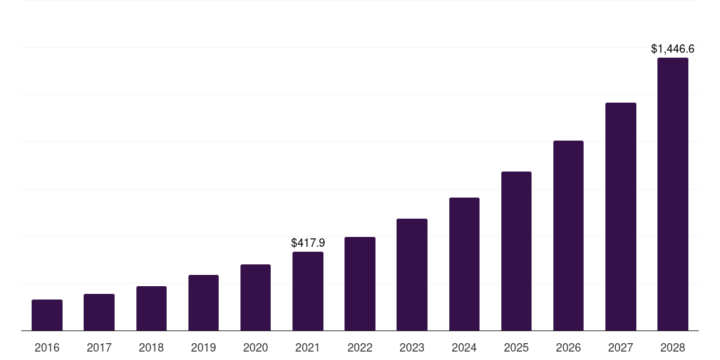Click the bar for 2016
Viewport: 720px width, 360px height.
coord(47,315)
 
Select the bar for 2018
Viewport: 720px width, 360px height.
coord(151,309)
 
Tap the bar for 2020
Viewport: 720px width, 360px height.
coord(255,297)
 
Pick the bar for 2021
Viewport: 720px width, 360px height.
coord(308,291)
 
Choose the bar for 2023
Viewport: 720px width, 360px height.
coord(412,275)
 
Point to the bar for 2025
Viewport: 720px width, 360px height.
coord(516,251)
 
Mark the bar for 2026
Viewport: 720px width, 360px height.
coord(568,236)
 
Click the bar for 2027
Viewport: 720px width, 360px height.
coord(621,217)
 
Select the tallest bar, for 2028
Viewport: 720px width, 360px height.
coord(673,194)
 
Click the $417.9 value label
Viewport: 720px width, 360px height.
coord(308,243)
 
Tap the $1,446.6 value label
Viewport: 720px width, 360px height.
coord(673,49)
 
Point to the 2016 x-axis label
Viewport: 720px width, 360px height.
coord(47,347)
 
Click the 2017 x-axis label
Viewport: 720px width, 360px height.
coord(99,347)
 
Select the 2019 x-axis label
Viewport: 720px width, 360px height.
coord(203,347)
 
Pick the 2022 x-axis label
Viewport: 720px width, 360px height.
coord(360,347)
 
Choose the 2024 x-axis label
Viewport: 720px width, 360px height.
coord(464,347)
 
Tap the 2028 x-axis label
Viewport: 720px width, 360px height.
coord(673,347)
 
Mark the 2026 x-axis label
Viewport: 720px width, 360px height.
coord(568,347)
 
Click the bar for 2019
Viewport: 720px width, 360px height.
coord(203,303)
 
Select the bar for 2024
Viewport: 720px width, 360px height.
coord(464,264)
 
